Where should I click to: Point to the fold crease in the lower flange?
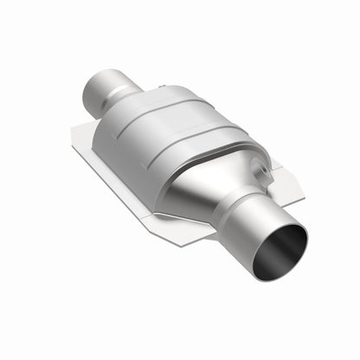click(173, 208)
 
